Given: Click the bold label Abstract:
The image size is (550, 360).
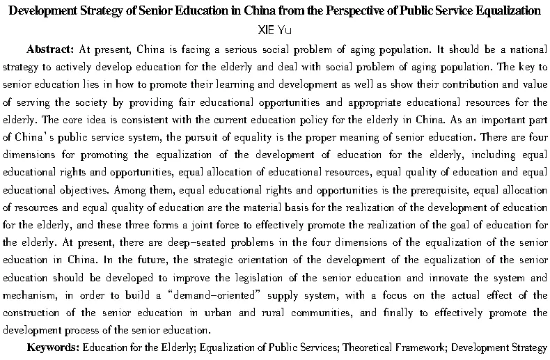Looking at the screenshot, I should [50, 50].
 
